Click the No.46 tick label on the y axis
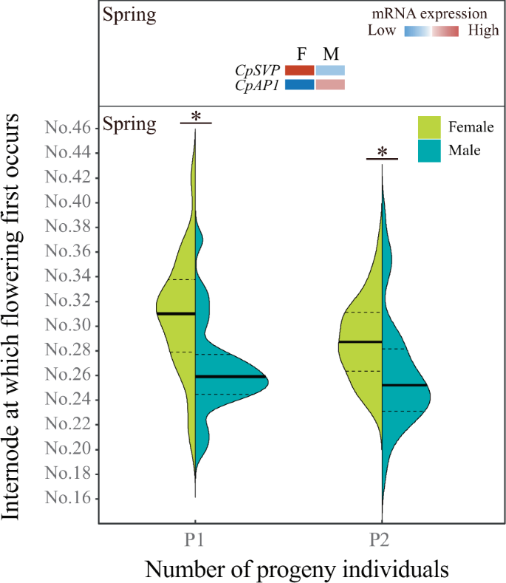[x=68, y=129]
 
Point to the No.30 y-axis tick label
[x=68, y=326]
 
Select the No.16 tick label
[x=68, y=499]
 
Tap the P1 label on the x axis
[x=194, y=539]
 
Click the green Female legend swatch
[x=430, y=127]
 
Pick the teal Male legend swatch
[x=430, y=150]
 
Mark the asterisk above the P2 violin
[x=382, y=153]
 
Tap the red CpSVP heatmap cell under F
[x=300, y=70]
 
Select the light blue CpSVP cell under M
[x=330, y=70]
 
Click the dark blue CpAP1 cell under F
[x=300, y=84]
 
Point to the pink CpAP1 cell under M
[x=330, y=84]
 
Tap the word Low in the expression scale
[x=383, y=31]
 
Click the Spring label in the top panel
[x=130, y=14]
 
